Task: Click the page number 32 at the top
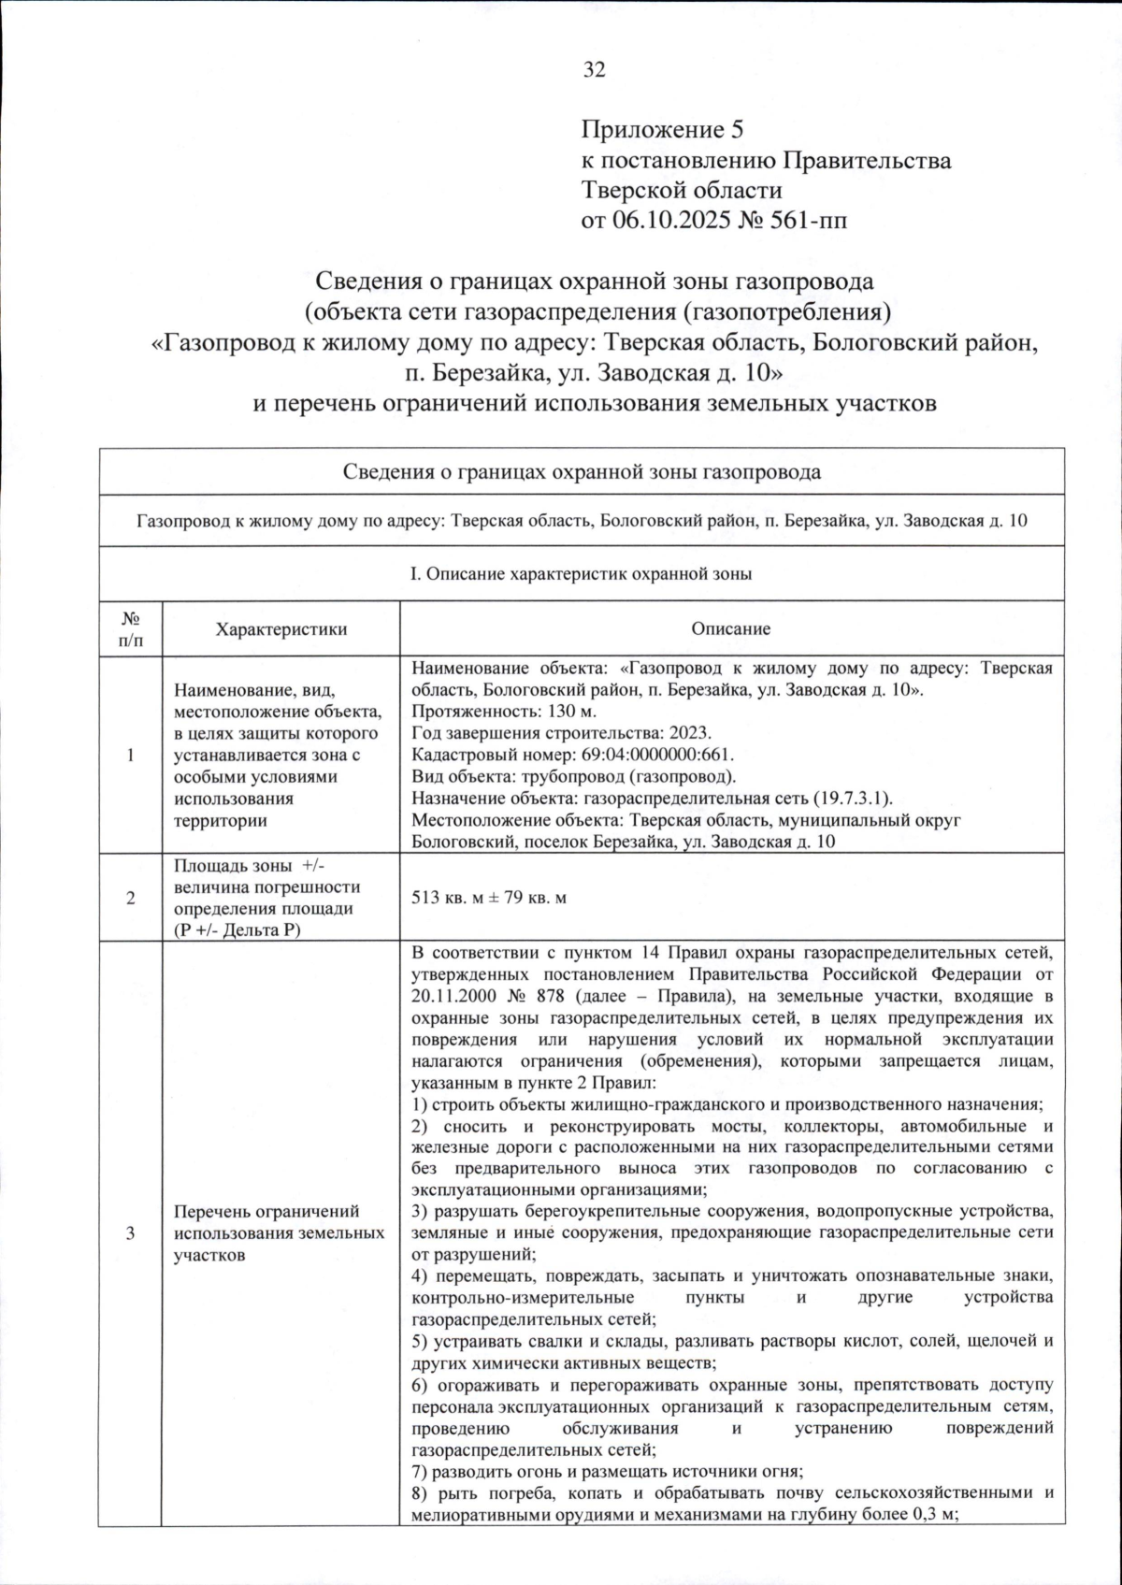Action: coord(594,70)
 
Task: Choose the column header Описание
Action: coord(731,628)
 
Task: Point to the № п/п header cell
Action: coord(130,628)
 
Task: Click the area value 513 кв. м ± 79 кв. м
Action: coord(489,898)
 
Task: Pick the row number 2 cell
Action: coord(130,898)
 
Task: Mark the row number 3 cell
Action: coord(130,1233)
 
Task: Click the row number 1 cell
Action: coord(130,755)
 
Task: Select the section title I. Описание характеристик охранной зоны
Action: coord(581,574)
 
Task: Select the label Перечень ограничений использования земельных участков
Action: coord(279,1233)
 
